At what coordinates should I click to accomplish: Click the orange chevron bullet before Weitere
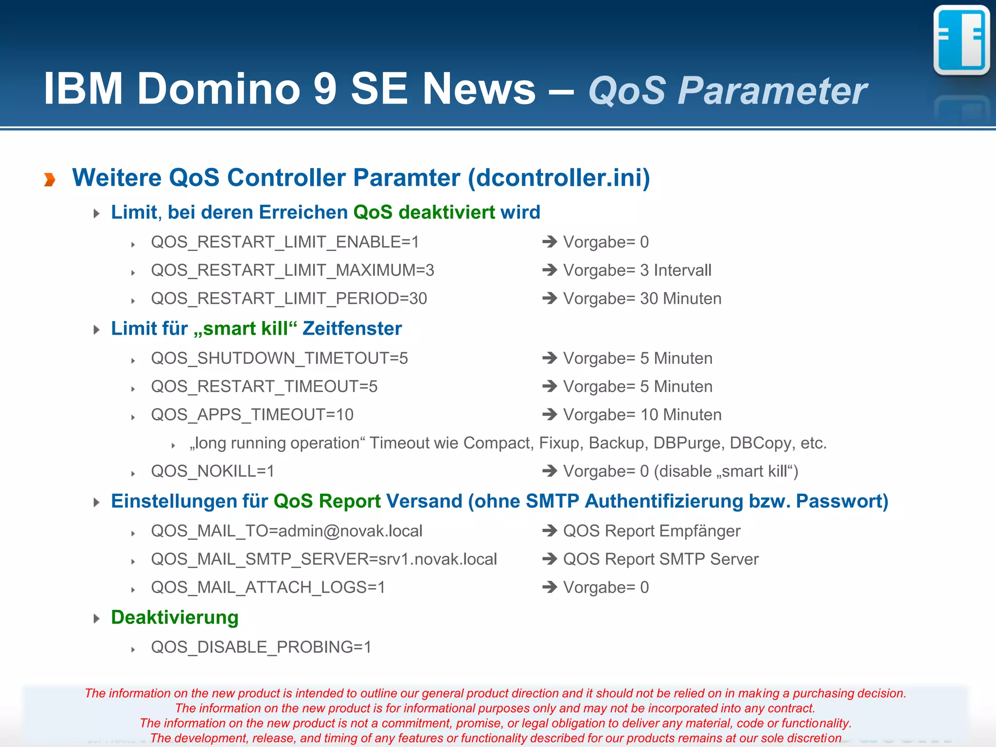coord(50,179)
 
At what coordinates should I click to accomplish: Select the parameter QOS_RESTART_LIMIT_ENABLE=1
coord(285,242)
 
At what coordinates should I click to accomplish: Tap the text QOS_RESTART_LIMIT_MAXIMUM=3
coord(292,270)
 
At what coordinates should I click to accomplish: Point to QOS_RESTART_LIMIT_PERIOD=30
coord(289,299)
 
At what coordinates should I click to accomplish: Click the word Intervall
coord(682,270)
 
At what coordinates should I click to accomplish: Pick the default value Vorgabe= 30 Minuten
coord(642,299)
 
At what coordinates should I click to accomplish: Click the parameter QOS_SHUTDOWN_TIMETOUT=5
coord(279,358)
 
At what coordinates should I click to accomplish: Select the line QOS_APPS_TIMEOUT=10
coord(252,415)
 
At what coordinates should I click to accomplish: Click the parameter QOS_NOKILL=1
coord(213,471)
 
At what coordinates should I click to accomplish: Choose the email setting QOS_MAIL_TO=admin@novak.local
coord(286,531)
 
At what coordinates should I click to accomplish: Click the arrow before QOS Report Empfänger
coord(550,531)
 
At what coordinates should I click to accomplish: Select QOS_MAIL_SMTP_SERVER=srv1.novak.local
coord(324,559)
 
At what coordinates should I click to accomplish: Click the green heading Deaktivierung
coord(175,618)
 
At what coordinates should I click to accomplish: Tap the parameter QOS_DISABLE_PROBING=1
coord(261,647)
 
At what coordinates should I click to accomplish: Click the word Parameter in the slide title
coord(772,91)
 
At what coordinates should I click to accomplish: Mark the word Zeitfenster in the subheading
coord(352,329)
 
